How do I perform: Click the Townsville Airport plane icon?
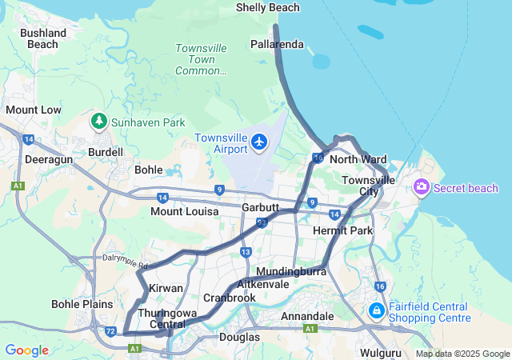pyautogui.click(x=259, y=142)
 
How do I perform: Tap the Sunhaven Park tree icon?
pyautogui.click(x=99, y=122)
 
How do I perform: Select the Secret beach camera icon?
pyautogui.click(x=422, y=187)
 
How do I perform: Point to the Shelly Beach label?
pyautogui.click(x=268, y=8)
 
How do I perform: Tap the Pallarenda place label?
pyautogui.click(x=277, y=45)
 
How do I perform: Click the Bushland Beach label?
pyautogui.click(x=43, y=38)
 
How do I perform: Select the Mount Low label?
pyautogui.click(x=33, y=110)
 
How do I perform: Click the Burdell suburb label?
pyautogui.click(x=106, y=152)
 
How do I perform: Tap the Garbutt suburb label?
pyautogui.click(x=260, y=207)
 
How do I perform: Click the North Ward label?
pyautogui.click(x=358, y=160)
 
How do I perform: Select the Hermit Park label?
pyautogui.click(x=343, y=231)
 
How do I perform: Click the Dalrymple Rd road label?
pyautogui.click(x=126, y=260)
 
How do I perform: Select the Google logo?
pyautogui.click(x=26, y=350)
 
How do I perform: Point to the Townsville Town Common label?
pyautogui.click(x=201, y=60)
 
